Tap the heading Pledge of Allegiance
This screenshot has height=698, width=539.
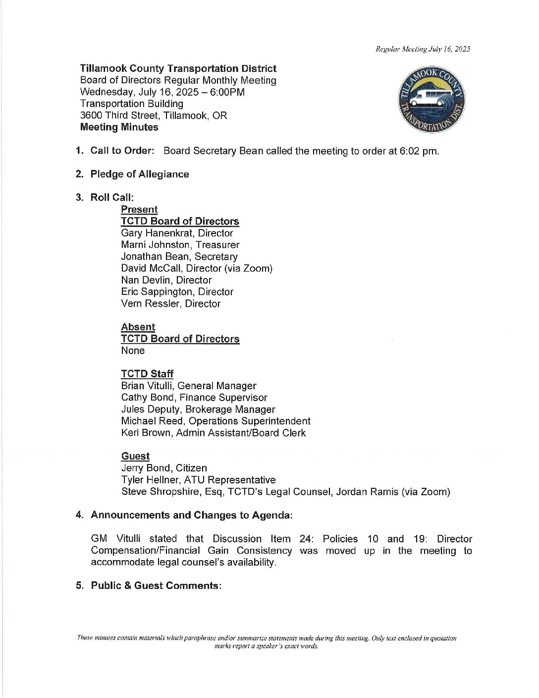pos(139,174)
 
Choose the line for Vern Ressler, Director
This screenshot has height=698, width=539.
pos(170,303)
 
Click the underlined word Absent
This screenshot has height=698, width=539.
pos(138,327)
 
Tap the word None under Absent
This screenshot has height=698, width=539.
pos(133,350)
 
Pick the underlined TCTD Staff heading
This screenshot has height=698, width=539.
pos(147,374)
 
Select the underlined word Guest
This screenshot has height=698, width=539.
pos(135,456)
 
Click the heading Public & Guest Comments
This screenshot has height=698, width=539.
pos(156,585)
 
